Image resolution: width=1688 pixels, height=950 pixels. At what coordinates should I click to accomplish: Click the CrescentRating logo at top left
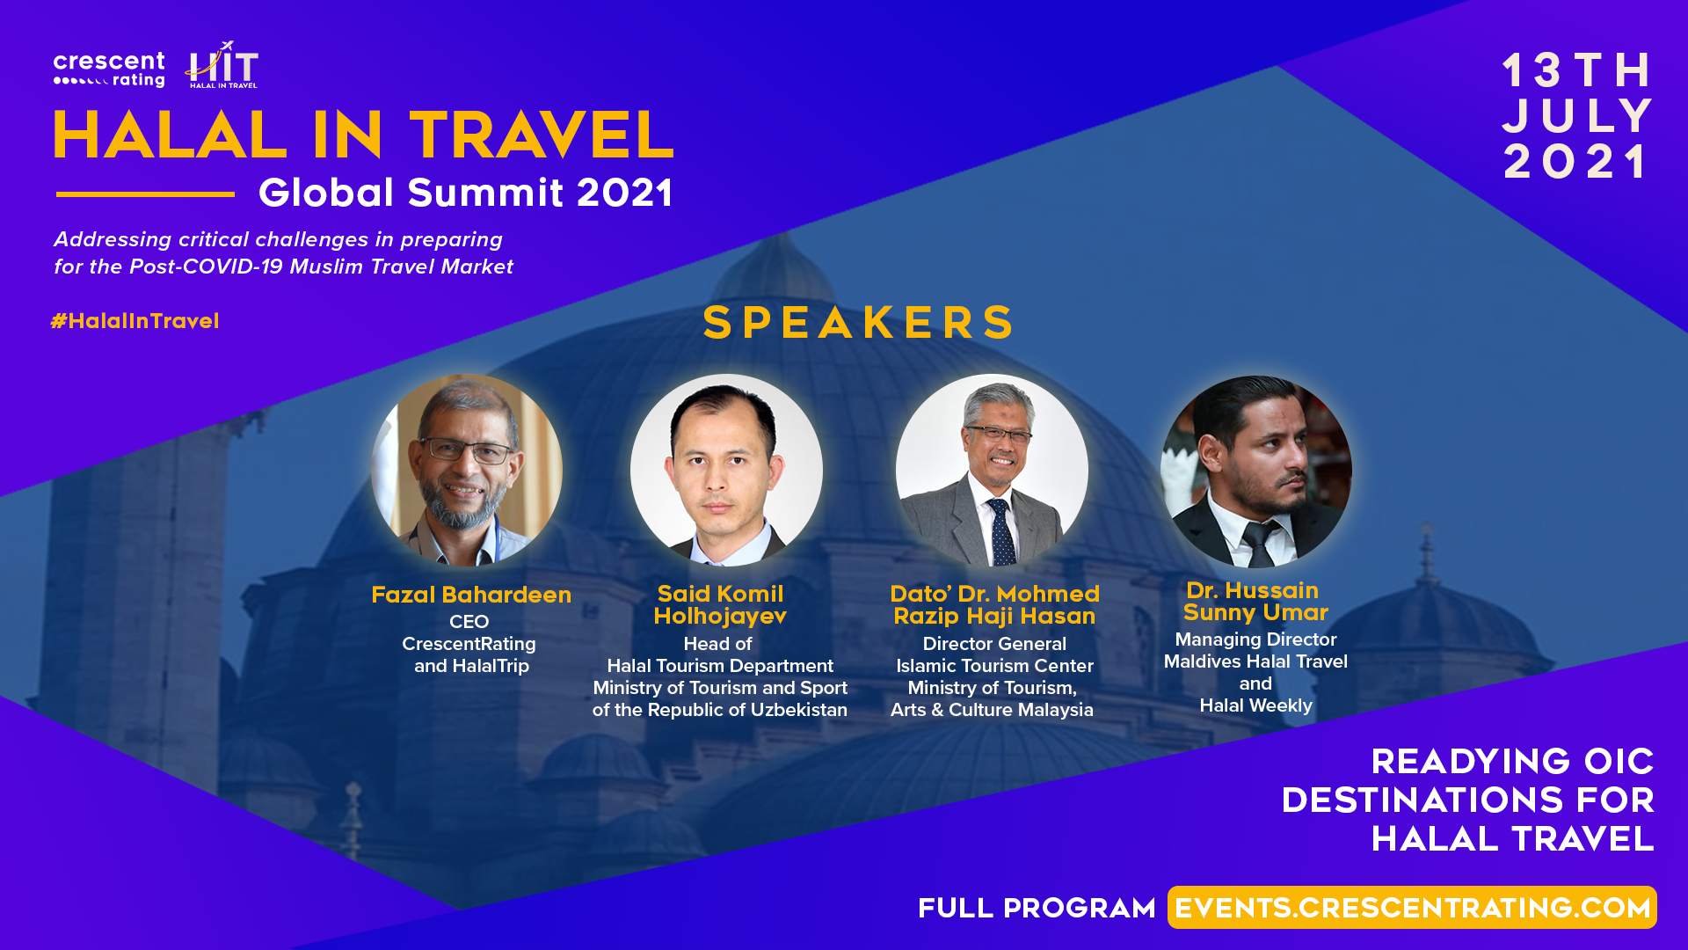click(109, 69)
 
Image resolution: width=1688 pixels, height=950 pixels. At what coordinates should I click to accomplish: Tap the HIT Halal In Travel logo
click(222, 65)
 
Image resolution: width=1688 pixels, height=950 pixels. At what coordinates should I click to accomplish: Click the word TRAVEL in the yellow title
click(542, 135)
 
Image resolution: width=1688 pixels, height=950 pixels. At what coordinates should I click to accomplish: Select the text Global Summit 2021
click(466, 193)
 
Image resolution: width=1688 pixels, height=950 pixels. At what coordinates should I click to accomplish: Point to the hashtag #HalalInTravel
click(135, 321)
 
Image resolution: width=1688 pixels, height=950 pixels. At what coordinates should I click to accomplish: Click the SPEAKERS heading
click(859, 322)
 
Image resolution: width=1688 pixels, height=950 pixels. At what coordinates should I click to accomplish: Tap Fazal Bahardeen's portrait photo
click(467, 470)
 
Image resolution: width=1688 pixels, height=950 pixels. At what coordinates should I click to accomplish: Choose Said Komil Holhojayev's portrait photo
click(726, 470)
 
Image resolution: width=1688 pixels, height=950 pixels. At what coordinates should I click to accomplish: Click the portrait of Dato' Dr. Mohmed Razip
click(992, 470)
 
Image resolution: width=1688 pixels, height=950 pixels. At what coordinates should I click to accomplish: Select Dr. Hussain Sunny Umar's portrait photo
click(1256, 471)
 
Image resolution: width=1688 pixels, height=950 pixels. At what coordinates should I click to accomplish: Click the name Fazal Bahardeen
click(471, 595)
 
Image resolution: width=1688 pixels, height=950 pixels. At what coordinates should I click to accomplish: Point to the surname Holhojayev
click(720, 617)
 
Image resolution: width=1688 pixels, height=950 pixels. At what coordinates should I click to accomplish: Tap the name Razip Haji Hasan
click(994, 616)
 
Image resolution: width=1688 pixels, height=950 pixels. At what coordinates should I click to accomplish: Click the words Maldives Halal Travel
click(1255, 661)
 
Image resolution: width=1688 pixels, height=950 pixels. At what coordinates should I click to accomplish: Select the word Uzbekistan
click(799, 710)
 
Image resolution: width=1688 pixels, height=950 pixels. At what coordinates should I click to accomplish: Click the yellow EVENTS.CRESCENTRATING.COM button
click(1412, 908)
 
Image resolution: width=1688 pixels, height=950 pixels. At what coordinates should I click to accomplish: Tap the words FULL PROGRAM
click(1037, 909)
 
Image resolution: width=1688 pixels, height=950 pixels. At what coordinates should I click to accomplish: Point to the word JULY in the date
click(1578, 116)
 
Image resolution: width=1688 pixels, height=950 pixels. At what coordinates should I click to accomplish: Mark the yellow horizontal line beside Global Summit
click(145, 194)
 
